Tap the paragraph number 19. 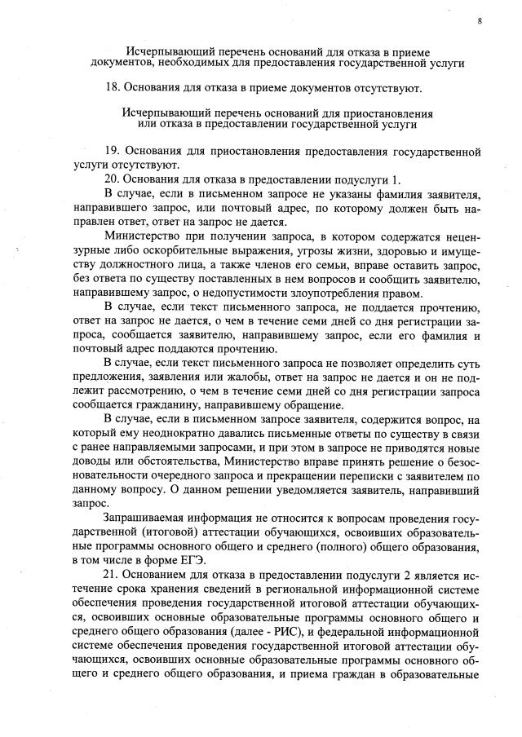(x=113, y=152)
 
